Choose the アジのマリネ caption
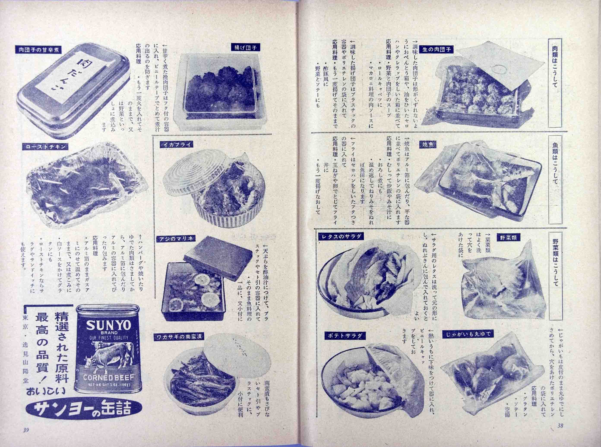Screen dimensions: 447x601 (176, 239)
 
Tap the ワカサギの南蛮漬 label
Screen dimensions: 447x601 (179, 337)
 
